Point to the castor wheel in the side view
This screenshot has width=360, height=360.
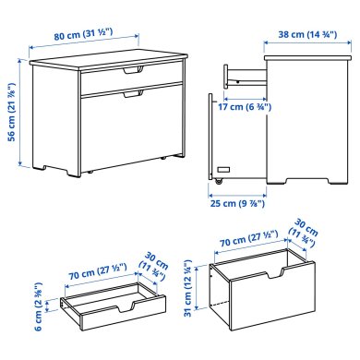point(219,181)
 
